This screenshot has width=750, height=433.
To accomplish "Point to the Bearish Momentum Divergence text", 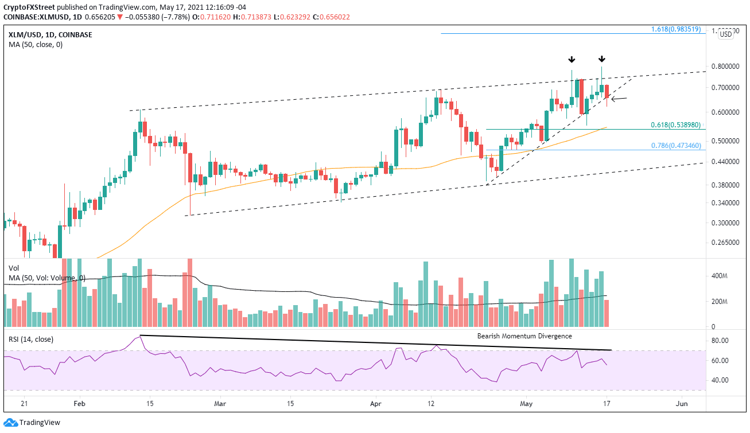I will click(524, 336).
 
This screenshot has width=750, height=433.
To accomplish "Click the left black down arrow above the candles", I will click(572, 60).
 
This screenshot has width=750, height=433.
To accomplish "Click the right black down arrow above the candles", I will click(601, 59).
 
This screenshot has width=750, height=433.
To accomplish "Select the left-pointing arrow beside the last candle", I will click(619, 99).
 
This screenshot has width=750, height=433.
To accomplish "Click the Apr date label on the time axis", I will click(376, 403).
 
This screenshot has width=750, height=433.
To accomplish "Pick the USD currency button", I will click(725, 34).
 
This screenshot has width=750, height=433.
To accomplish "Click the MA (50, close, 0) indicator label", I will click(36, 45).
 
